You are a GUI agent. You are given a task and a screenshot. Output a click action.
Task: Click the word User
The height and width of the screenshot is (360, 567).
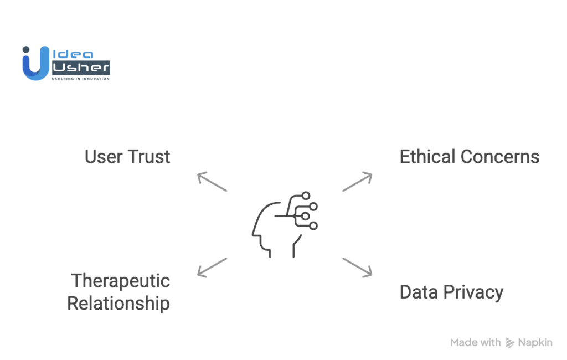[105, 157]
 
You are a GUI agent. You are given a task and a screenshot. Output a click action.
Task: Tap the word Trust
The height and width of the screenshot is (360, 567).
[148, 157]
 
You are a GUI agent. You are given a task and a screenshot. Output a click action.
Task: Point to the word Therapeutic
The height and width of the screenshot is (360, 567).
[120, 280]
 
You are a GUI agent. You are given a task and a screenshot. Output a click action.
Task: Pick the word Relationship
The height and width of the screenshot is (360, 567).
[118, 304]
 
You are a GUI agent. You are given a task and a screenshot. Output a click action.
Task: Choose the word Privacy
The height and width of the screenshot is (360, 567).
[472, 292]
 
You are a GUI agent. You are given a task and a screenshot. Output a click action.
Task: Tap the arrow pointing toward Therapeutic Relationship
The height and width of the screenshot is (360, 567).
[212, 267]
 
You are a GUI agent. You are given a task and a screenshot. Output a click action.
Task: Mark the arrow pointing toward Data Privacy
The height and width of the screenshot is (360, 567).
[357, 267]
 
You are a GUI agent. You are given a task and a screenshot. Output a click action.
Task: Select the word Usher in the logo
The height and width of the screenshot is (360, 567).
[80, 68]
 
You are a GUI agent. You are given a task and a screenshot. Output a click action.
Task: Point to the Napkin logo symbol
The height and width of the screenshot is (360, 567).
[509, 343]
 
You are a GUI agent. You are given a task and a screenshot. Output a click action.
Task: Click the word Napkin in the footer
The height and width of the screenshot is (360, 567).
[535, 343]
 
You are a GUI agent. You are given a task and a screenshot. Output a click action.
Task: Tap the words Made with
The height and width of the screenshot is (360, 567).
[476, 343]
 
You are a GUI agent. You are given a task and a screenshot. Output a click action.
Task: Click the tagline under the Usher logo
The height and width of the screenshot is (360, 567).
[80, 79]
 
